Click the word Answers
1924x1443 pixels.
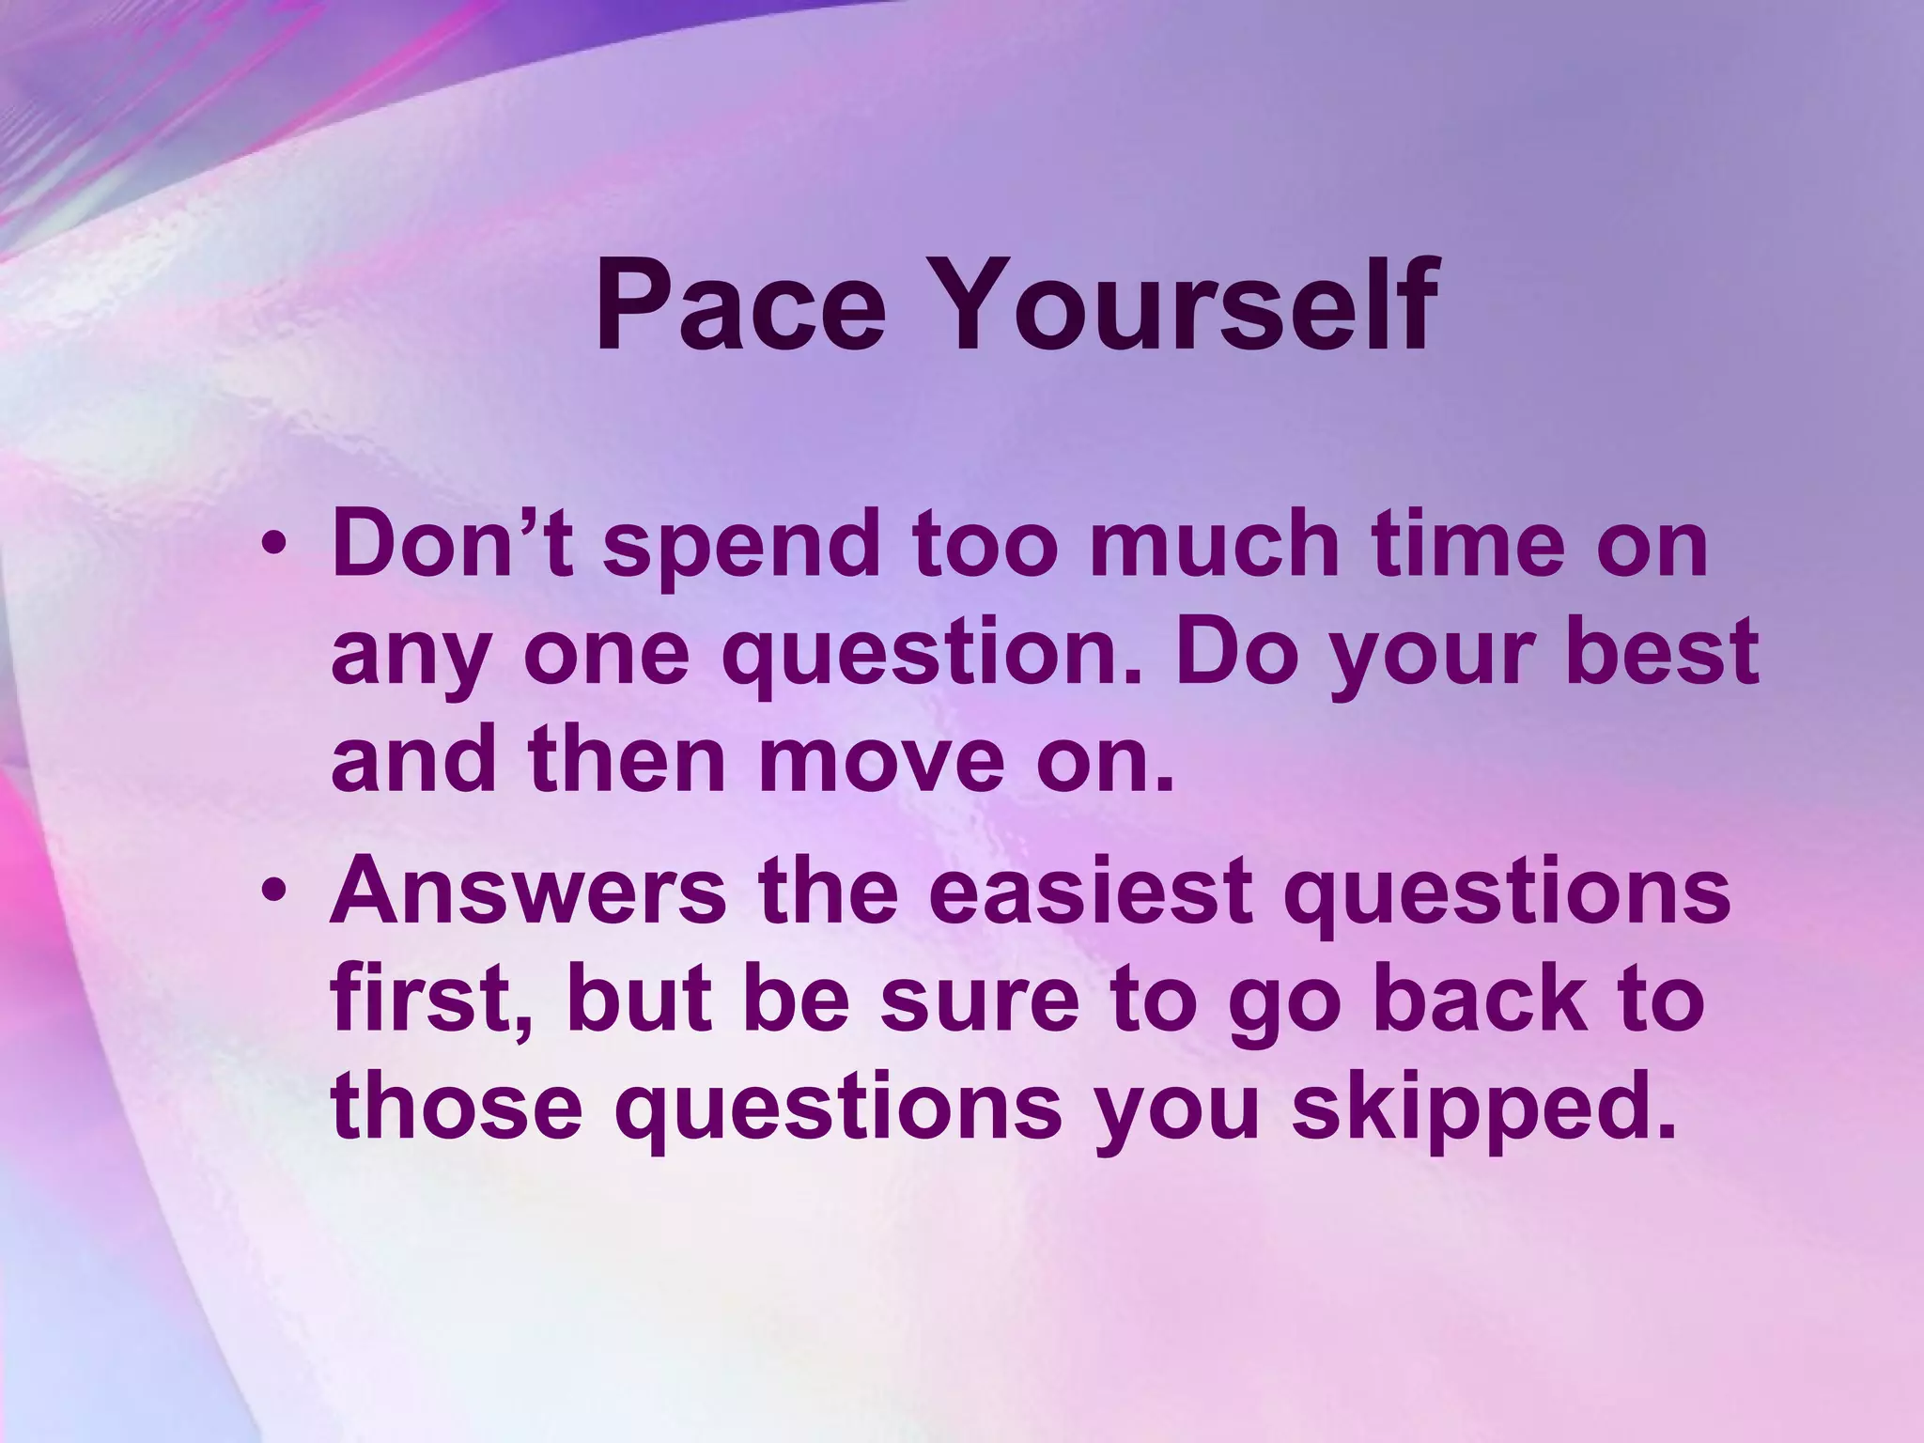click(x=528, y=891)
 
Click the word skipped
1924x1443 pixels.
click(x=1482, y=1107)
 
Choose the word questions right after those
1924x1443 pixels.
click(x=838, y=1107)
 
